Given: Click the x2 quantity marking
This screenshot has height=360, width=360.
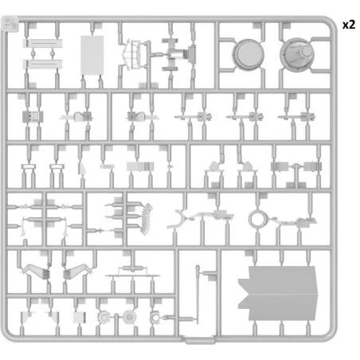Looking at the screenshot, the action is [x=349, y=25].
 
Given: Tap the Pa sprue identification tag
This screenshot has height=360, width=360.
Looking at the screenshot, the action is [x=10, y=24].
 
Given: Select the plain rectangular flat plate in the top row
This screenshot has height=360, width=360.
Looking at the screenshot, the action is [x=92, y=55].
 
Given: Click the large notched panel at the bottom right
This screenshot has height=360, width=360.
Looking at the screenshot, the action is [x=278, y=293].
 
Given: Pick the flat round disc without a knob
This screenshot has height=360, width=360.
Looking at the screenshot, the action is [x=248, y=55].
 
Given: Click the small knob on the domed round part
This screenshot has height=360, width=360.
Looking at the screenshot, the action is [x=307, y=51].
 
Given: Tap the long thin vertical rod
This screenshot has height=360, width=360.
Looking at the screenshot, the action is [x=198, y=294].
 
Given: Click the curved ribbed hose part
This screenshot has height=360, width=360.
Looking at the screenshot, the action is [x=146, y=219].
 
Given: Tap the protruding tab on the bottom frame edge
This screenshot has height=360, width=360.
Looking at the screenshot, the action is [x=199, y=340].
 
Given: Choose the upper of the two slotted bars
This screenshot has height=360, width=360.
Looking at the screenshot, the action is [x=42, y=43].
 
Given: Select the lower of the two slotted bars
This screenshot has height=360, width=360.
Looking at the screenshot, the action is [x=42, y=65].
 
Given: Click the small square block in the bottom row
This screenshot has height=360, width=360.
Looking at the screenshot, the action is [x=80, y=318].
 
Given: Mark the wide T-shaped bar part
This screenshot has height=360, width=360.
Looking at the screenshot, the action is [x=132, y=273].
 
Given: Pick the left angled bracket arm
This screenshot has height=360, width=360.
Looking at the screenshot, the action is [x=36, y=272].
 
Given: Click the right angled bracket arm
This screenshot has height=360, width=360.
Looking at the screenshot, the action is [x=78, y=271].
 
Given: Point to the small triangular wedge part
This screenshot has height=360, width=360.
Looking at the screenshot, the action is [x=82, y=169].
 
